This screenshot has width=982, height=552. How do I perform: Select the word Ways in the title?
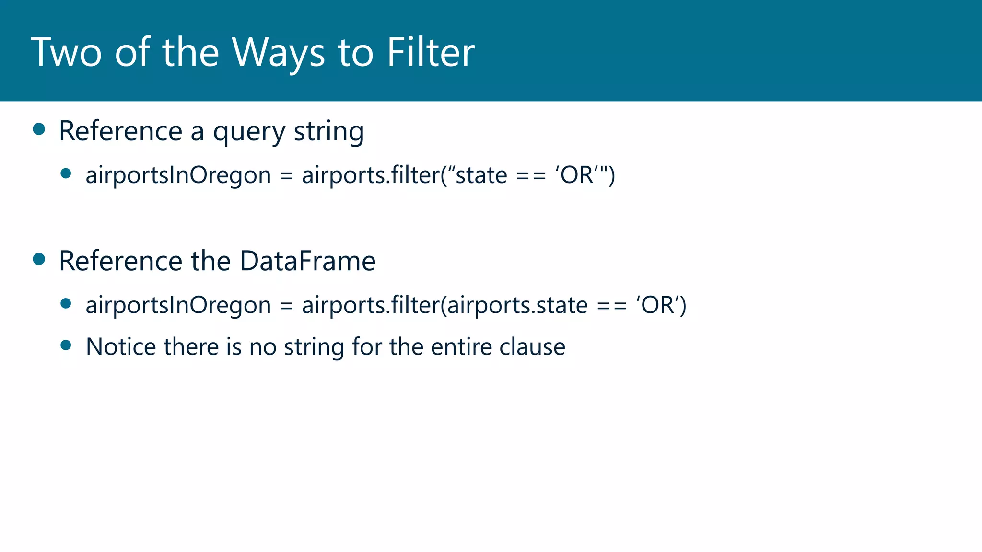[278, 53]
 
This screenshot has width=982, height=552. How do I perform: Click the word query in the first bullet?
[249, 132]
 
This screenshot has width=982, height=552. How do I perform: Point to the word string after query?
[328, 132]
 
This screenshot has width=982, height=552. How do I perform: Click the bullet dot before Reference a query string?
[39, 129]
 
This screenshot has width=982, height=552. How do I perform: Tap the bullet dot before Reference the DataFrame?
[39, 259]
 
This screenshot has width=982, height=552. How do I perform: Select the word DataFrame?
[307, 261]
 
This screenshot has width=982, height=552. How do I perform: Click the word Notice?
[121, 346]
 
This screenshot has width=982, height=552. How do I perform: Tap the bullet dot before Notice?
[66, 345]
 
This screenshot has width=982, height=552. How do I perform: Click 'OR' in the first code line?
[578, 175]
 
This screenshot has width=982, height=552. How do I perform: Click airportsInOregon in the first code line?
[178, 175]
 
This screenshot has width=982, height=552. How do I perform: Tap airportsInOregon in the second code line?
[178, 306]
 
